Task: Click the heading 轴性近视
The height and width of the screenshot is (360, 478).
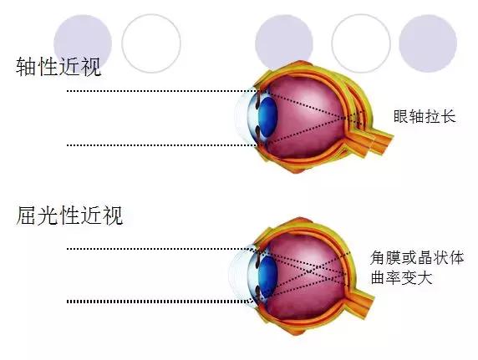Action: pyautogui.click(x=58, y=66)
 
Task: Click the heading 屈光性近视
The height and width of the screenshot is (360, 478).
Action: pyautogui.click(x=69, y=215)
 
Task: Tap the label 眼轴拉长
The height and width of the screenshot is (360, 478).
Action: pyautogui.click(x=425, y=116)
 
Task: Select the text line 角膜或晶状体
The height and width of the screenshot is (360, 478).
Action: pyautogui.click(x=417, y=258)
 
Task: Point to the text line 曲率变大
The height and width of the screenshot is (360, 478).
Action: pyautogui.click(x=401, y=277)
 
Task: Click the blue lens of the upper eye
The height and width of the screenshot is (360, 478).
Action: pyautogui.click(x=267, y=117)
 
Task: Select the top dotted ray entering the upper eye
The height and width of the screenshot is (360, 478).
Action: pyautogui.click(x=161, y=91)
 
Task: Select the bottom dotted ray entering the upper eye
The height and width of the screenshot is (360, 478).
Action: pyautogui.click(x=161, y=145)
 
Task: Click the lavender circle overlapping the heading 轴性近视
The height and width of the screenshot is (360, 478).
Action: pyautogui.click(x=83, y=43)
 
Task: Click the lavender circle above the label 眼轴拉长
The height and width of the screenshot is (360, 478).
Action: pyautogui.click(x=428, y=43)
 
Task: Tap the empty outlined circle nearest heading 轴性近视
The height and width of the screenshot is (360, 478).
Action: pyautogui.click(x=151, y=43)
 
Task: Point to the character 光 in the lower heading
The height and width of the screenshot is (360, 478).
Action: pyautogui.click(x=48, y=215)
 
